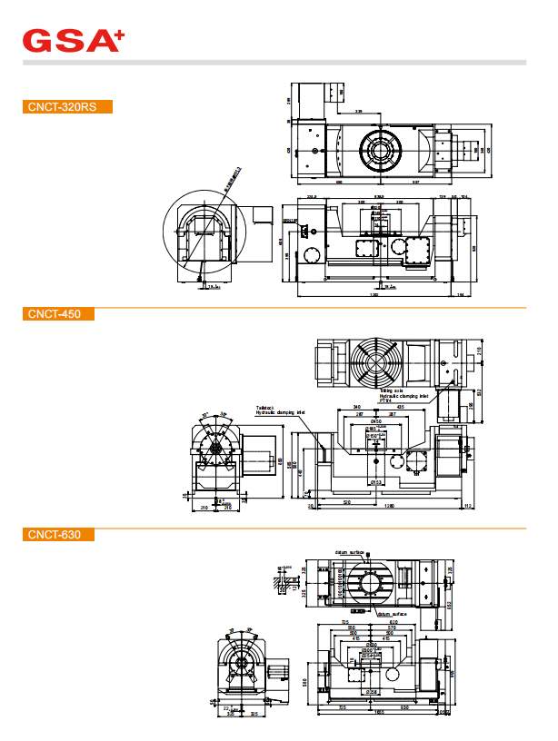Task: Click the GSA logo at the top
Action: (x=73, y=40)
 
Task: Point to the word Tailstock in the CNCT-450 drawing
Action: (x=264, y=408)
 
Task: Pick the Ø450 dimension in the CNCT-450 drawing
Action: (x=376, y=421)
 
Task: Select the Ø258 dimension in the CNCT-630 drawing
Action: (x=371, y=693)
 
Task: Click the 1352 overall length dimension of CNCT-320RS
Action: (x=374, y=294)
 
